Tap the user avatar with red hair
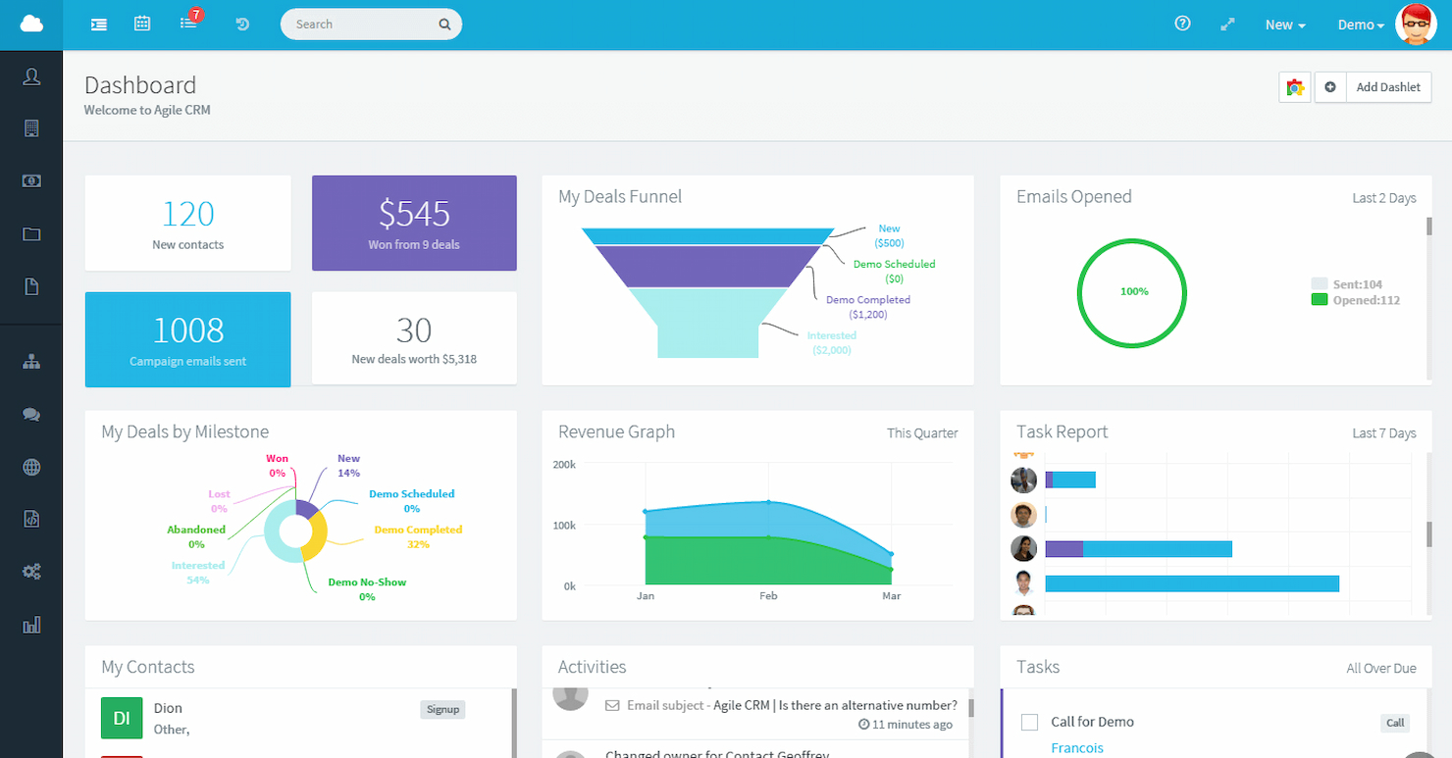coord(1416,25)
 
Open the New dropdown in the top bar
coord(1284,25)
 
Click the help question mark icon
coord(1182,25)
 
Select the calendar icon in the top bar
coord(142,25)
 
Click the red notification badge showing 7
coord(196,16)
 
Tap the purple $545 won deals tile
coord(414,223)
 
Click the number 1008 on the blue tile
coord(188,330)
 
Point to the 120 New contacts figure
coord(188,215)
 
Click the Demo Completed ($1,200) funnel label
coord(868,307)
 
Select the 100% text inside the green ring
coord(1133,292)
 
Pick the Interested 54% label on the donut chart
coord(198,573)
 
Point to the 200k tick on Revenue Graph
coord(564,464)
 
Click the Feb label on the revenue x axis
coord(768,596)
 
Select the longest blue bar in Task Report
coord(1191,583)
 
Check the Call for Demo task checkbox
coord(1029,723)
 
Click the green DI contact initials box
coord(122,718)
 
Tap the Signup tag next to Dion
coord(442,709)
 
